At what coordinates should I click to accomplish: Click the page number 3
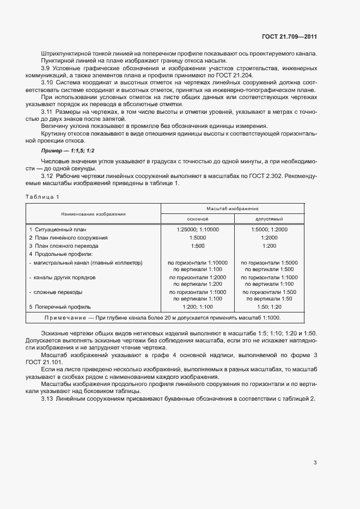coord(315,463)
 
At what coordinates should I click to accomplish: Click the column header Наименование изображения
coord(93,214)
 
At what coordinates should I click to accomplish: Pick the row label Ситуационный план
coord(56,230)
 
